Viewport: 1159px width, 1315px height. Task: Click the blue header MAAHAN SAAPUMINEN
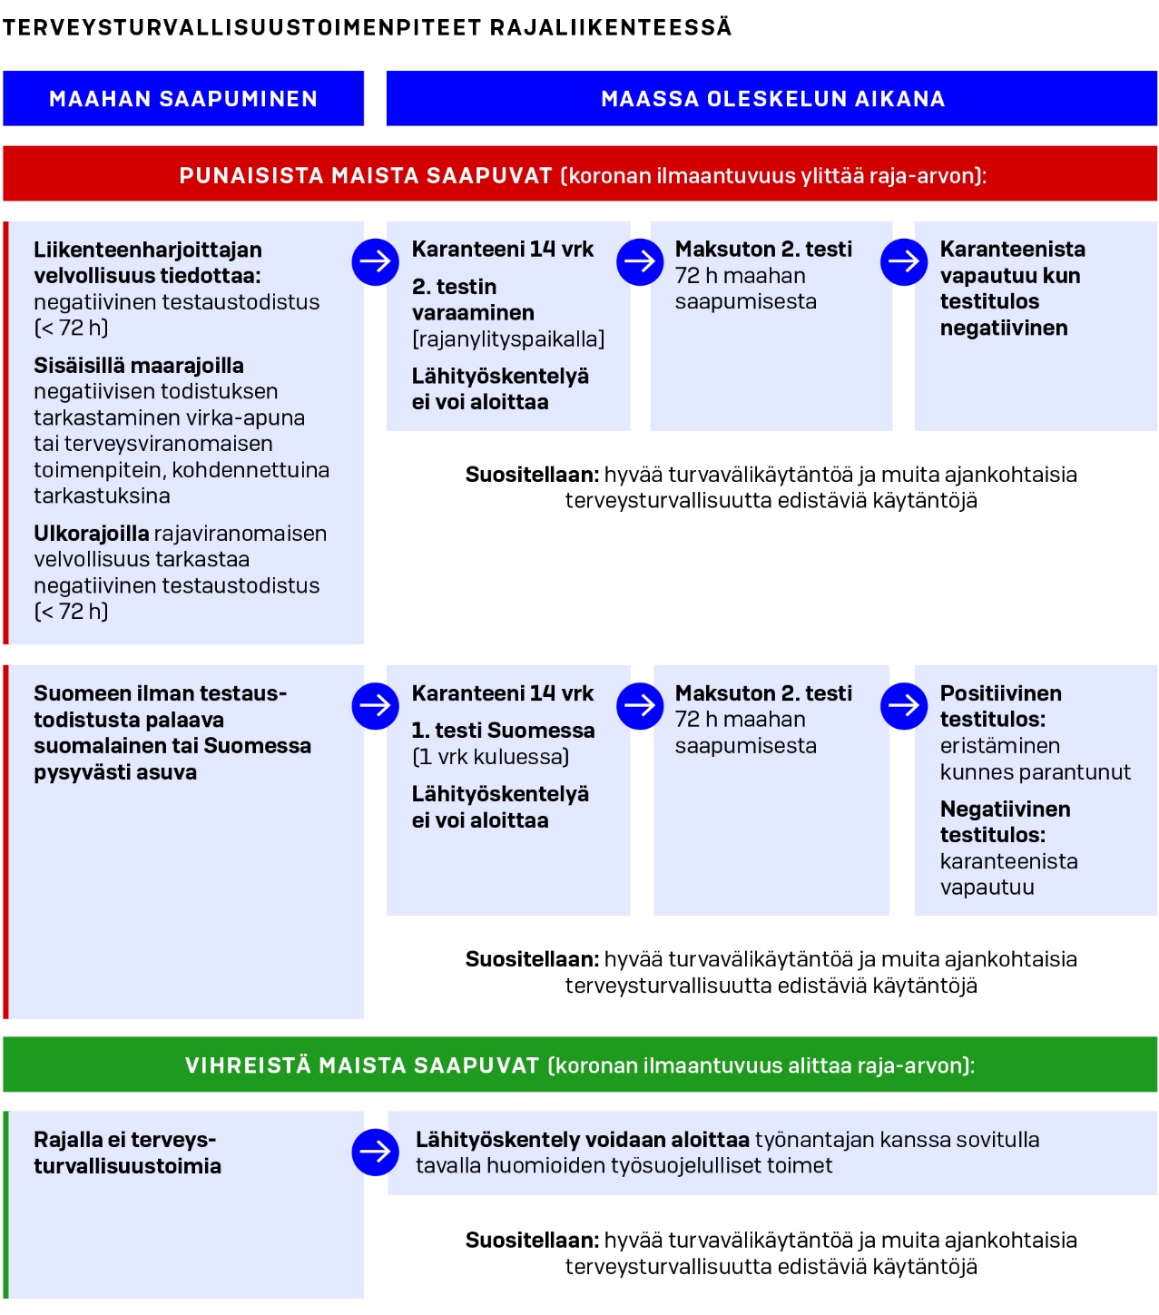coord(183,99)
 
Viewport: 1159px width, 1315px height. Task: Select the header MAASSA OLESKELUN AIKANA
coord(772,99)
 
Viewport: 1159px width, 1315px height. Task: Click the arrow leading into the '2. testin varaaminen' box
coord(375,262)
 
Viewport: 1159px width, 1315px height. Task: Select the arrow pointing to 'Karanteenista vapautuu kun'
coord(904,262)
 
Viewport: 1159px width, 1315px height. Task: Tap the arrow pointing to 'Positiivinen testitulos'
coord(904,706)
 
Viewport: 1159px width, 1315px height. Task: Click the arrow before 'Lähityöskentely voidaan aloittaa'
coord(375,1153)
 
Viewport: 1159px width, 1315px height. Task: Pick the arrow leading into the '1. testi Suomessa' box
coord(375,706)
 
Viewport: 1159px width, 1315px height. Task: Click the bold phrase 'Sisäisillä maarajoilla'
coord(139,366)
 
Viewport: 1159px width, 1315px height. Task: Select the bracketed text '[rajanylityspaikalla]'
coord(508,339)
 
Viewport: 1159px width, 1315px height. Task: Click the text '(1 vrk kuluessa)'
coord(491,757)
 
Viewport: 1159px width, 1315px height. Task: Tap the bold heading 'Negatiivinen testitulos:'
coord(1004,821)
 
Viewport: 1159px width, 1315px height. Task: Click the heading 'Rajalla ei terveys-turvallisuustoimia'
coord(127,1153)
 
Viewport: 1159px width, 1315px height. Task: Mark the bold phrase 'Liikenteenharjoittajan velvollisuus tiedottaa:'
coord(148,262)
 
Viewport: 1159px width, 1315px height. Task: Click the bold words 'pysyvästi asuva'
coord(115,772)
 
